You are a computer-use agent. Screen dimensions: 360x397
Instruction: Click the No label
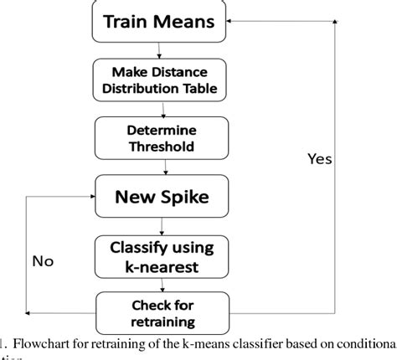(x=43, y=261)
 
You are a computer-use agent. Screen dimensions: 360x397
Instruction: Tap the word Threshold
(x=161, y=146)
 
